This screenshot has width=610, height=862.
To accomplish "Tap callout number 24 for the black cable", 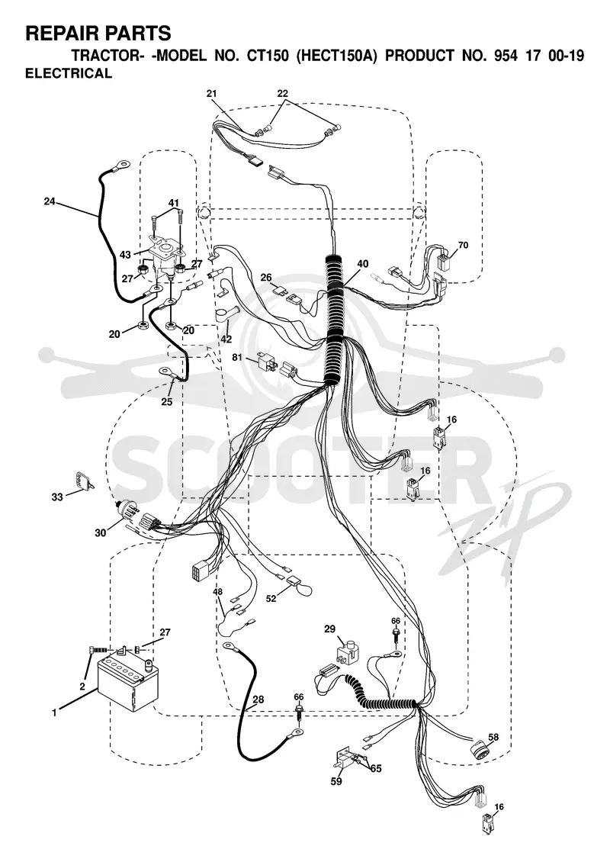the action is [x=50, y=201].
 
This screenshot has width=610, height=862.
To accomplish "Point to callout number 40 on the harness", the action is [x=363, y=264].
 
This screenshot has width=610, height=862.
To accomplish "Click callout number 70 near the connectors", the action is [x=464, y=245].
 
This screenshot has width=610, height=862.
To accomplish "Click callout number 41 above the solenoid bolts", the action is [x=173, y=204].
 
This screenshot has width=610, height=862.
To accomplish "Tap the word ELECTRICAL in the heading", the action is [x=69, y=73].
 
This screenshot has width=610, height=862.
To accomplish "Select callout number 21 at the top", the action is [x=212, y=94].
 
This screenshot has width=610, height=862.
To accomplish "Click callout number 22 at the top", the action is [x=282, y=94].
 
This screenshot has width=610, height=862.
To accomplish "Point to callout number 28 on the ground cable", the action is [x=258, y=700].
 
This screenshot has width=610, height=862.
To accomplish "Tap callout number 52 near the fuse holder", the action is [x=271, y=599].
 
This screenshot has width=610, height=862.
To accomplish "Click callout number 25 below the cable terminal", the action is [x=166, y=402].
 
